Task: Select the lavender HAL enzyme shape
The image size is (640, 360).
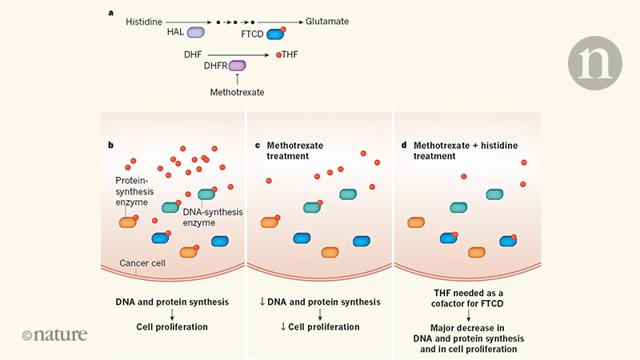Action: pos(196,34)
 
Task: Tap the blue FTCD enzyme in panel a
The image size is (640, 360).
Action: pos(275,34)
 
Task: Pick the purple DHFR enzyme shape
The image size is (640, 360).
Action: pos(238,68)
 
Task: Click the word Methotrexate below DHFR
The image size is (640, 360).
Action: pos(237,93)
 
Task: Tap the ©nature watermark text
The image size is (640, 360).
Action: pos(54,334)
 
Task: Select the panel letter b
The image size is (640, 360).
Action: pos(111,145)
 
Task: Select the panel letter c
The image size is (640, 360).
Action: pos(257,145)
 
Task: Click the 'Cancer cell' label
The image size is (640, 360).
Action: pos(142,263)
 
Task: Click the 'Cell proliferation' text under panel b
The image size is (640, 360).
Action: pos(173,326)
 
